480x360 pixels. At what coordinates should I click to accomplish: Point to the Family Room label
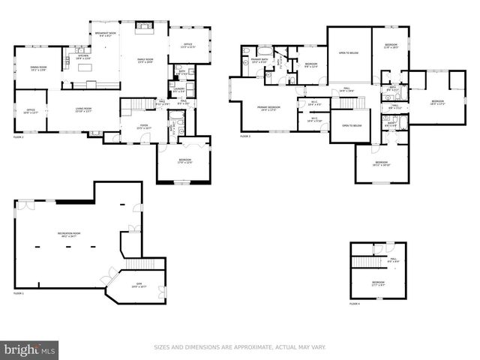pos(144,61)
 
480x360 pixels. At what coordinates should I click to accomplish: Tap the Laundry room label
pos(180,90)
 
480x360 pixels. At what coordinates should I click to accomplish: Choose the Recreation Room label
pos(69,235)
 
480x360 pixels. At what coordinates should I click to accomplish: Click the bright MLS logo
pos(30,349)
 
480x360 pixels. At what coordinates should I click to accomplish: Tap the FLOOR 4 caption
pos(355,303)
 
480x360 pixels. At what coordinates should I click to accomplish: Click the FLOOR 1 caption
pos(18,293)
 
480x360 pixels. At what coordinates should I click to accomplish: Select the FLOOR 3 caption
pos(245,136)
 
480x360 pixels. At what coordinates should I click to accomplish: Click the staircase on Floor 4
pos(369,259)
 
